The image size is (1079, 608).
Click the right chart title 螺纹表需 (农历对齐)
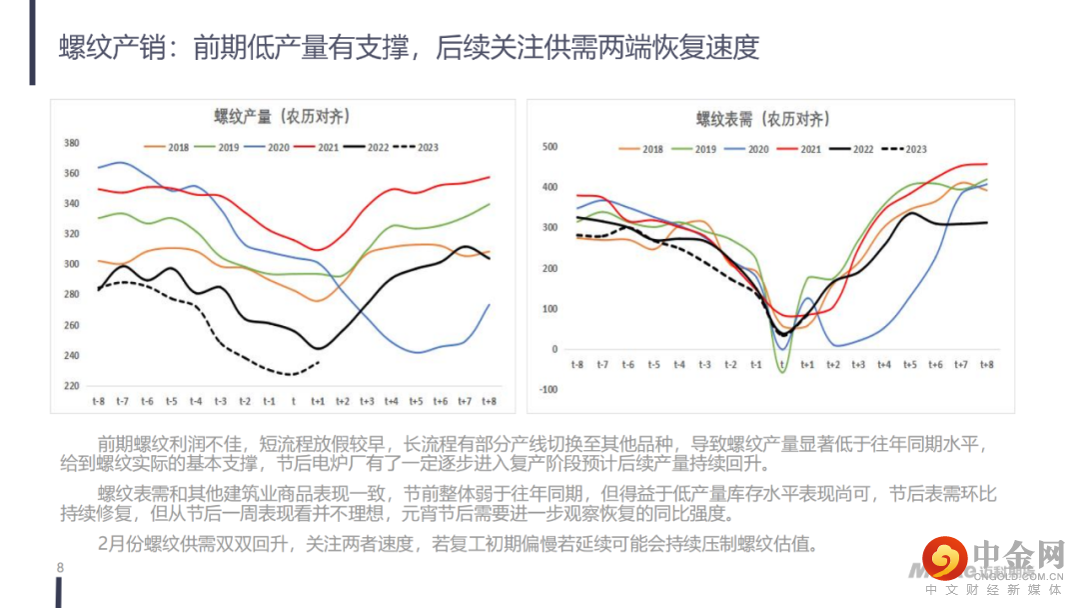[x=762, y=119]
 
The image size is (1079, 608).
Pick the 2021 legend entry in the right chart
[x=799, y=150]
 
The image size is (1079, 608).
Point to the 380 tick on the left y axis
[x=71, y=143]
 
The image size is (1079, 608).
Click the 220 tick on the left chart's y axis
[x=71, y=386]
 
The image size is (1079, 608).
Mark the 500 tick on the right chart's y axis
[x=549, y=147]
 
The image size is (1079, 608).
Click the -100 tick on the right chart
[x=547, y=390]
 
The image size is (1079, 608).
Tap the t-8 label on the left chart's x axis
[x=98, y=401]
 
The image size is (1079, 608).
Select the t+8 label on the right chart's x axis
[x=987, y=366]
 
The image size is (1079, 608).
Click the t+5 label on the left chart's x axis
[x=416, y=401]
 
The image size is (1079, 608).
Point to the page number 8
[x=60, y=568]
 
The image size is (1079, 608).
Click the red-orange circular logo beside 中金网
[x=944, y=558]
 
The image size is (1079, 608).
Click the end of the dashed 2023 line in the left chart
[x=320, y=362]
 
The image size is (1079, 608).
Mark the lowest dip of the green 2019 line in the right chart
[x=782, y=372]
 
